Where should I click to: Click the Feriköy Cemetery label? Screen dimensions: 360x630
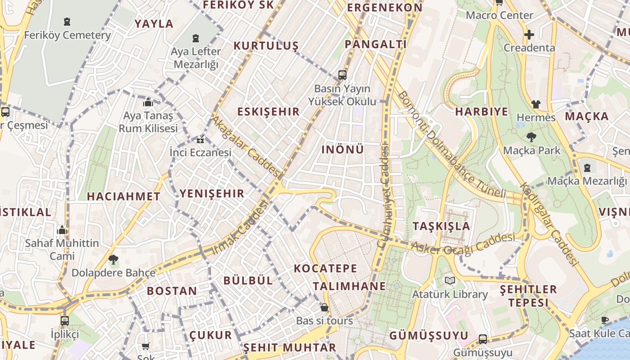pyautogui.click(x=67, y=35)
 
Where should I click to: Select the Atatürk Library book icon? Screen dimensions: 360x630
pyautogui.click(x=450, y=281)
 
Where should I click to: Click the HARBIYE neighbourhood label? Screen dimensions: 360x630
pyautogui.click(x=481, y=112)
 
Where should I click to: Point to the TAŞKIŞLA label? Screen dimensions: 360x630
pyautogui.click(x=441, y=226)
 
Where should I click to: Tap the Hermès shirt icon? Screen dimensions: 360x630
pyautogui.click(x=535, y=104)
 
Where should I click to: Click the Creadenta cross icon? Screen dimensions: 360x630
pyautogui.click(x=529, y=34)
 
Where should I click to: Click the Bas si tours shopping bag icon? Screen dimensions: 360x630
pyautogui.click(x=324, y=308)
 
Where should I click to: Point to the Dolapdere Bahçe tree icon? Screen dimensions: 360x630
pyautogui.click(x=113, y=259)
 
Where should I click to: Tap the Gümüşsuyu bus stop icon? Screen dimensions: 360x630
pyautogui.click(x=483, y=339)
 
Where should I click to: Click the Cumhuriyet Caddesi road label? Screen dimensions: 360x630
pyautogui.click(x=383, y=196)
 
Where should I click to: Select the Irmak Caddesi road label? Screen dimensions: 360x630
pyautogui.click(x=239, y=228)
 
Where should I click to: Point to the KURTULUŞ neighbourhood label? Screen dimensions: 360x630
pyautogui.click(x=266, y=46)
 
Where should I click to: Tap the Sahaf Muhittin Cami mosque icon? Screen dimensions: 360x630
pyautogui.click(x=62, y=230)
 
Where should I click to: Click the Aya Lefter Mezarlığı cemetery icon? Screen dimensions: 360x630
pyautogui.click(x=196, y=39)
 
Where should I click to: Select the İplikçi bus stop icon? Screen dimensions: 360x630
pyautogui.click(x=65, y=321)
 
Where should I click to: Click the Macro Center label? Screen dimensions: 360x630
pyautogui.click(x=499, y=15)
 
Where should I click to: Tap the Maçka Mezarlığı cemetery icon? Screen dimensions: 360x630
pyautogui.click(x=587, y=168)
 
